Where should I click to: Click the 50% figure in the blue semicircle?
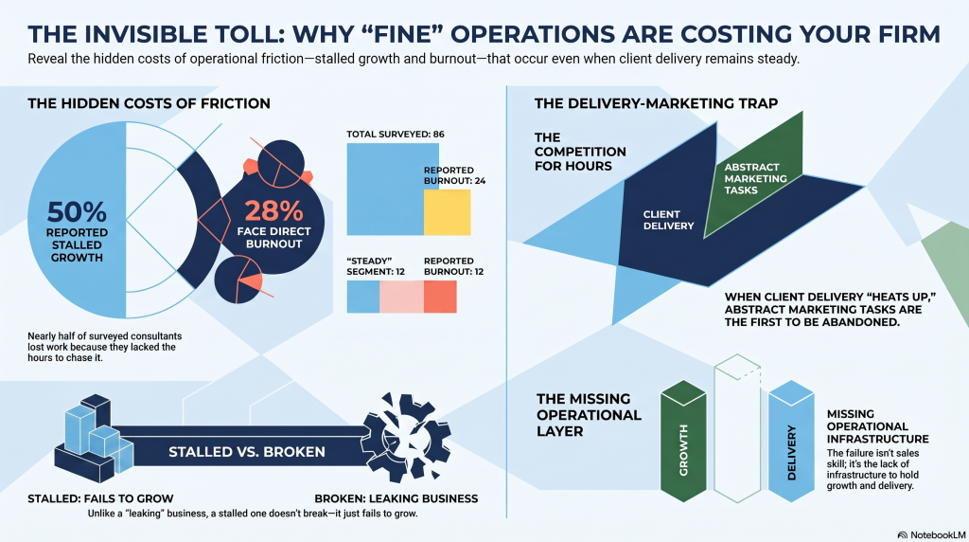[x=77, y=212]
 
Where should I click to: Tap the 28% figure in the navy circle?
[x=273, y=211]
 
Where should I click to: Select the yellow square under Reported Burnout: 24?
[x=447, y=212]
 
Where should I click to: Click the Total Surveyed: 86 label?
[x=395, y=135]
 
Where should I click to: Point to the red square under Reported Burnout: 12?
[x=440, y=297]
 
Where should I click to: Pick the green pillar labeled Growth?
[x=683, y=442]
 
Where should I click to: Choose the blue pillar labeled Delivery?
[x=791, y=442]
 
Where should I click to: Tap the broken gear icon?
[x=405, y=436]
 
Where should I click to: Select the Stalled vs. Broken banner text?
[x=247, y=452]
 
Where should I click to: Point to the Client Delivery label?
[x=668, y=220]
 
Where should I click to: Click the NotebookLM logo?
[x=931, y=534]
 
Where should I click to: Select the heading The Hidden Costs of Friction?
[x=149, y=103]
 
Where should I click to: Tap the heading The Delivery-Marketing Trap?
[x=656, y=103]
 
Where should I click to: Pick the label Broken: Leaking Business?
[x=396, y=498]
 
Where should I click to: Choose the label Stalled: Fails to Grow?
[x=100, y=498]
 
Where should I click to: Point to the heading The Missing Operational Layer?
[x=589, y=414]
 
